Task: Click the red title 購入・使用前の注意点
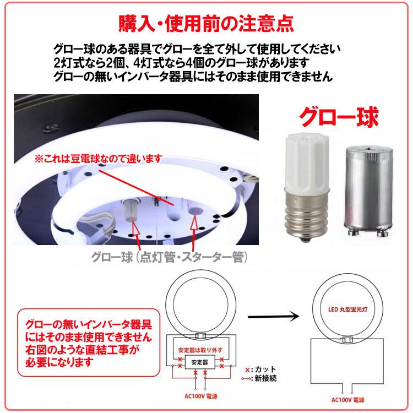coord(207,23)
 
